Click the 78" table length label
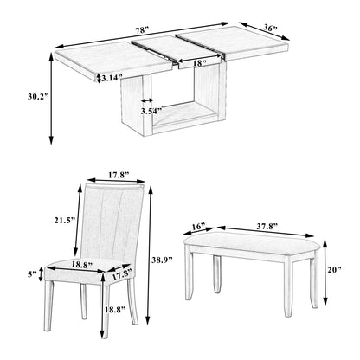point(142,30)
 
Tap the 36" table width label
point(270,28)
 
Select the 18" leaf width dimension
point(200,63)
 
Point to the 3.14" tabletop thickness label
point(112,77)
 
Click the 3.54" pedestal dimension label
point(151,111)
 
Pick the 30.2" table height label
point(37,97)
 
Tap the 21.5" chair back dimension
point(65,221)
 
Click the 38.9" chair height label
point(162,260)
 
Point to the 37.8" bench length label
point(267,226)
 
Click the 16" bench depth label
point(199,226)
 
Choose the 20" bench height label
point(334,269)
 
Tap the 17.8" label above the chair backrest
point(119,175)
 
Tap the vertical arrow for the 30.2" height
point(51,99)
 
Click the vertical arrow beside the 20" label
point(325,273)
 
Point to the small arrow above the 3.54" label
point(147,100)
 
